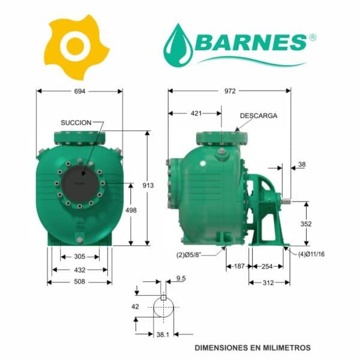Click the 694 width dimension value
(x=80, y=91)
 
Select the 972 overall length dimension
(x=230, y=91)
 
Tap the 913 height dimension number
(x=148, y=185)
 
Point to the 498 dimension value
(x=131, y=210)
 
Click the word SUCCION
(x=76, y=122)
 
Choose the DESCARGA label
(x=259, y=116)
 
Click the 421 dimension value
(x=196, y=113)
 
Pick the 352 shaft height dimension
(x=306, y=224)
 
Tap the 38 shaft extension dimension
(x=302, y=164)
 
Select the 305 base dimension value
(x=80, y=256)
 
